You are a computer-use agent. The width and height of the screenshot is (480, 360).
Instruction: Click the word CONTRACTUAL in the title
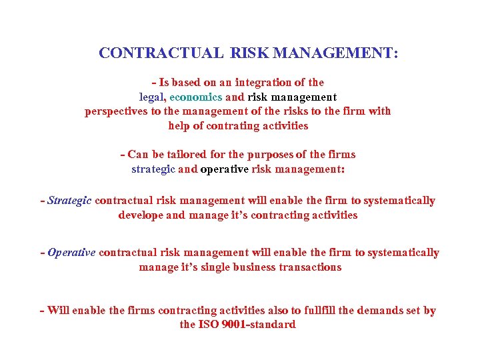[x=161, y=53]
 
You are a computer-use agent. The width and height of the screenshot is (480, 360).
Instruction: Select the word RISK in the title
[x=250, y=53]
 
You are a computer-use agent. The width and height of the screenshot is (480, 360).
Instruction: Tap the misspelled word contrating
[x=224, y=126]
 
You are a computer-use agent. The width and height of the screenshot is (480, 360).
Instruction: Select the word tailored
[x=186, y=155]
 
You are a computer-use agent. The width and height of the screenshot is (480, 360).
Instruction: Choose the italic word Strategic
[x=69, y=201]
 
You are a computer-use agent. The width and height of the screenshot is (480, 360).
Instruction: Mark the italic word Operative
[x=71, y=253]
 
